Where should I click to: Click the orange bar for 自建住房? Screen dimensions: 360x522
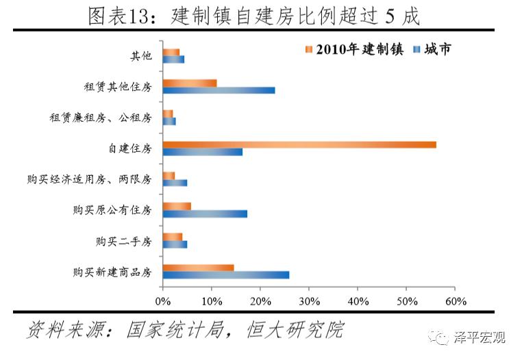point(299,144)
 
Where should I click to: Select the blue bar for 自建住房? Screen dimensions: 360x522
point(203,152)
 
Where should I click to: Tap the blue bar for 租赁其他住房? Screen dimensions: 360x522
point(219,90)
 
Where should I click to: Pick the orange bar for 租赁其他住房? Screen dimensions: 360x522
point(190,83)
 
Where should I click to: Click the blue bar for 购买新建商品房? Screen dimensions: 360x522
point(226,275)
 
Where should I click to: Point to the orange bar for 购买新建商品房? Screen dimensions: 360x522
point(198,267)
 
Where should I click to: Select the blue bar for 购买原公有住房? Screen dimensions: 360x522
point(205,214)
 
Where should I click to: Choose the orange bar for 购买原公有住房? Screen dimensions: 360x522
point(177,206)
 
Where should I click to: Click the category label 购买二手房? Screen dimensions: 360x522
point(124,241)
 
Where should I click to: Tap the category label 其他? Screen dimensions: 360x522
point(140,55)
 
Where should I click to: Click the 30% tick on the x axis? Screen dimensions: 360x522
point(309,300)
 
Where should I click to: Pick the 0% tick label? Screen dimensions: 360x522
point(163,300)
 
